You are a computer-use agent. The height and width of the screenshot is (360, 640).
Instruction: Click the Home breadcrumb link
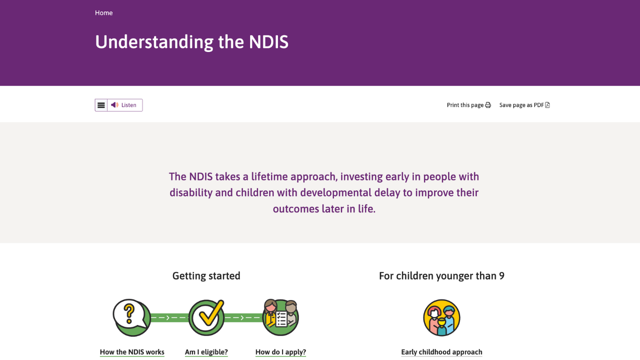coord(103,13)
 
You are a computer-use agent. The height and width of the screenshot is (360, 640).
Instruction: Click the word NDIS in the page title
coord(268,42)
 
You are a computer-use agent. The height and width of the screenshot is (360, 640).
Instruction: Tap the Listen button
coord(125,105)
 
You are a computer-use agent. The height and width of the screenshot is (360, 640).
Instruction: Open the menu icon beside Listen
coord(101,105)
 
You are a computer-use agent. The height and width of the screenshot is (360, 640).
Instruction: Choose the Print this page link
coord(465,105)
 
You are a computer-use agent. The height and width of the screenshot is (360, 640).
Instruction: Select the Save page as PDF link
coord(521,105)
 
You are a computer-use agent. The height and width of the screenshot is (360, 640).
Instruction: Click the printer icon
coord(488,105)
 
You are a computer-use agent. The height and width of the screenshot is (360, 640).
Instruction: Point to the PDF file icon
coord(547,105)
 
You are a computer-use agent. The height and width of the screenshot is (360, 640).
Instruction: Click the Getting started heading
coord(206,276)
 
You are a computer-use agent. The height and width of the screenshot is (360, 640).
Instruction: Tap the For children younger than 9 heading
coord(441,276)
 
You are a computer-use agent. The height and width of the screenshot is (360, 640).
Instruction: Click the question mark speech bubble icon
coord(131,317)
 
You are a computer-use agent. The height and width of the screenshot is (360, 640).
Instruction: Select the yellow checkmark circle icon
coord(206,317)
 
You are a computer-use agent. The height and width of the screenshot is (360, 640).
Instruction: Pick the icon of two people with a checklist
coord(280,317)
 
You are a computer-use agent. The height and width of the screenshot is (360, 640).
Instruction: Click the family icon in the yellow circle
coord(441,317)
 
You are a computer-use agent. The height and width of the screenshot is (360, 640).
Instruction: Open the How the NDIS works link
coord(132,352)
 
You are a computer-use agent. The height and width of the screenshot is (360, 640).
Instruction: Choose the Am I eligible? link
coord(206,352)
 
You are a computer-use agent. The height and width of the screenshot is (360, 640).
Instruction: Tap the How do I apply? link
coord(280,352)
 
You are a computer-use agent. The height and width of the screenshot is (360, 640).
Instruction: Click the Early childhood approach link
coord(441,352)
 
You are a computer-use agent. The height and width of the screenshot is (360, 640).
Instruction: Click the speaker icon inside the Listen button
coord(114,105)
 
